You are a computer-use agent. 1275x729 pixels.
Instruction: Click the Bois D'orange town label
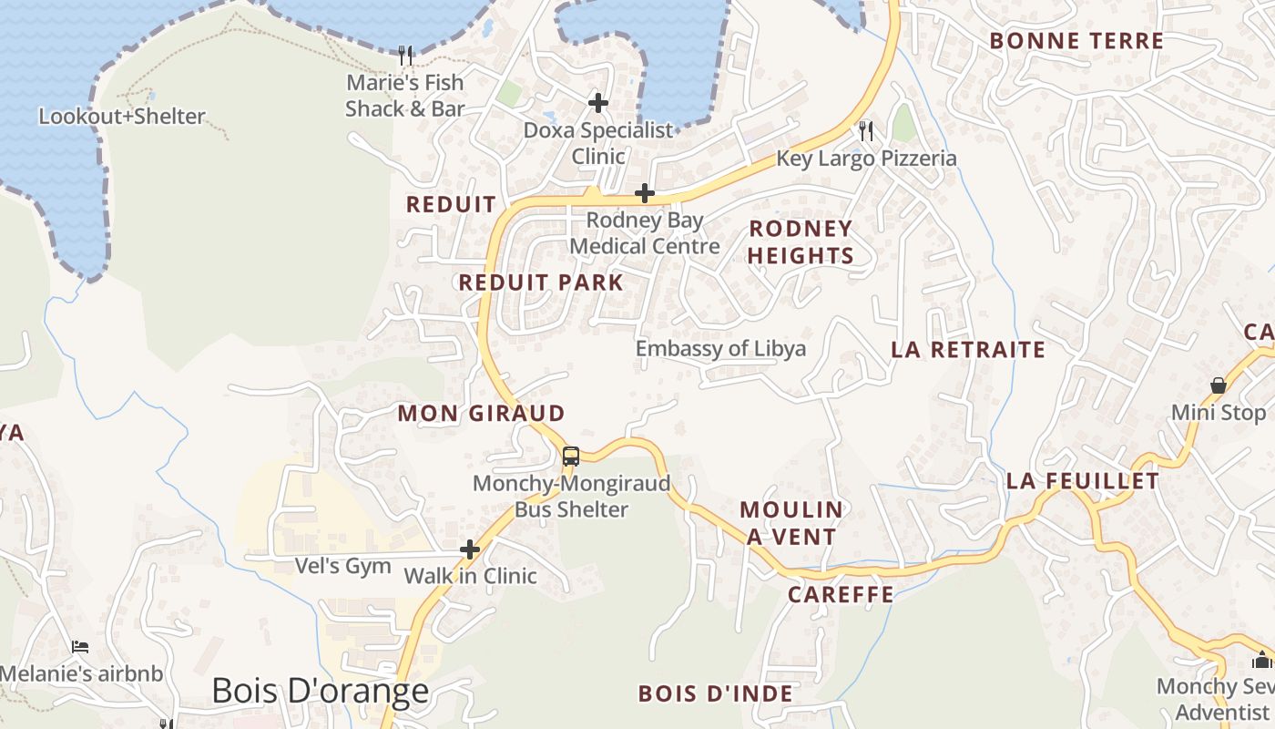[320, 691]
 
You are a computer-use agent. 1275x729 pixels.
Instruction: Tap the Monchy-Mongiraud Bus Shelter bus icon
[571, 457]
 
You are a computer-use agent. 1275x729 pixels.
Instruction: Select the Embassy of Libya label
[720, 349]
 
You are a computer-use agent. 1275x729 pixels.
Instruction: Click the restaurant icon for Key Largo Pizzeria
[866, 131]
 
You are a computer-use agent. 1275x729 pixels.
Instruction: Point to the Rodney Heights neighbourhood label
[801, 241]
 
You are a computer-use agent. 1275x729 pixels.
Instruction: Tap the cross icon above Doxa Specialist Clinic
[598, 102]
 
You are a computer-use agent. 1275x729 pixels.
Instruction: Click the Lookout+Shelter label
[122, 117]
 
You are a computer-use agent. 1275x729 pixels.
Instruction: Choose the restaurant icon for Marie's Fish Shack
[406, 56]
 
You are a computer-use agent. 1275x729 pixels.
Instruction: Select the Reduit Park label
[541, 282]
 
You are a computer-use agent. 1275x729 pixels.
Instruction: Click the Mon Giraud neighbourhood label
[482, 414]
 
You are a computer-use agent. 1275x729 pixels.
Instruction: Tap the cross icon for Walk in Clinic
[470, 549]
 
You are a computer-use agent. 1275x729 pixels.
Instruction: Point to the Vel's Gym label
[343, 566]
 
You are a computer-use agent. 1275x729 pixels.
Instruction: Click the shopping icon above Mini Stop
[1219, 385]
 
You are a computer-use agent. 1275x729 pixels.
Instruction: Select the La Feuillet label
[1083, 481]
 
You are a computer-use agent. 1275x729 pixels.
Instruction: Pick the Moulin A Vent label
[791, 523]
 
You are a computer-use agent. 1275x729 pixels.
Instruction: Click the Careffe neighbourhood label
[841, 595]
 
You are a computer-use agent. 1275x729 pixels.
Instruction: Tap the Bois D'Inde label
[716, 693]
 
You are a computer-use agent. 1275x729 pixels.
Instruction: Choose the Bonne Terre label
[1076, 41]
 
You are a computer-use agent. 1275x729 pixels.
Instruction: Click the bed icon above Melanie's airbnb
[80, 647]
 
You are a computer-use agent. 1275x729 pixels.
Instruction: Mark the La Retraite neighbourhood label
[968, 350]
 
